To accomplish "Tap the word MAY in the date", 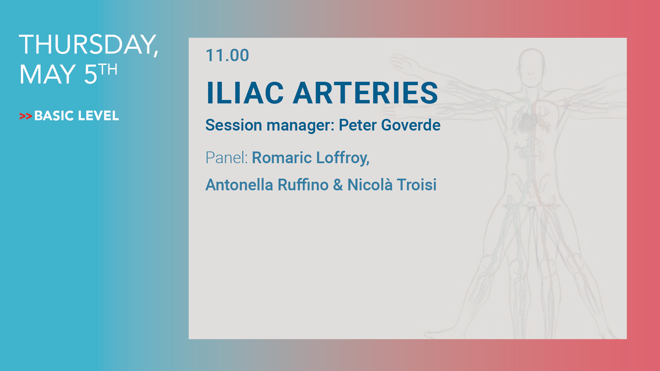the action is pyautogui.click(x=47, y=74).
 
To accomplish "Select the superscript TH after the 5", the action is pyautogui.click(x=108, y=69).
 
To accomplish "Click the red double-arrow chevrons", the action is pyautogui.click(x=26, y=116).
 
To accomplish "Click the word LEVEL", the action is pyautogui.click(x=98, y=116).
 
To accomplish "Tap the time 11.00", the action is pyautogui.click(x=227, y=55).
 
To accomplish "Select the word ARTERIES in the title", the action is pyautogui.click(x=365, y=93).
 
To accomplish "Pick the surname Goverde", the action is pyautogui.click(x=411, y=125).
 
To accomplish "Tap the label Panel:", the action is pyautogui.click(x=227, y=158).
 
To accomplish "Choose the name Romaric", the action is pyautogui.click(x=282, y=158).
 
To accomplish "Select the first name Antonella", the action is pyautogui.click(x=239, y=185).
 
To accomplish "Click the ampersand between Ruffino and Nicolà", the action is pyautogui.click(x=338, y=185).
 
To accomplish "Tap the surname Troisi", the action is pyautogui.click(x=417, y=185).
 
